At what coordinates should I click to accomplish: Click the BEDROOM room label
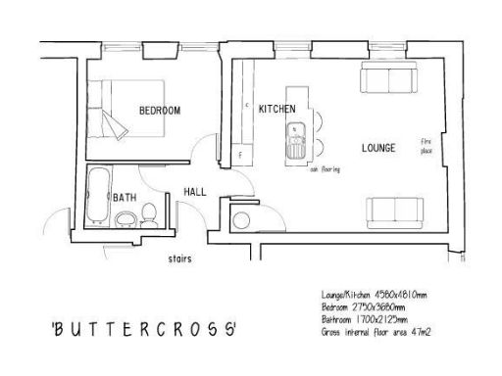pos(159,111)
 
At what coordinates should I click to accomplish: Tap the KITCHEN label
pos(277,109)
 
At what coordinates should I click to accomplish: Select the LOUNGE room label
pos(378,149)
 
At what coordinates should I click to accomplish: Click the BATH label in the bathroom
pos(125,197)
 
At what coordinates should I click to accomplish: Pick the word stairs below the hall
pos(178,259)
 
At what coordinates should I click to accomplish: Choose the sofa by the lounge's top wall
pos(388,80)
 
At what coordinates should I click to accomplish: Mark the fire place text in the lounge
pos(426,148)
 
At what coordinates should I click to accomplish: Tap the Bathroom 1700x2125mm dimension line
pos(368,320)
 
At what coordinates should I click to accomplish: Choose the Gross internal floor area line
pos(376,333)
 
